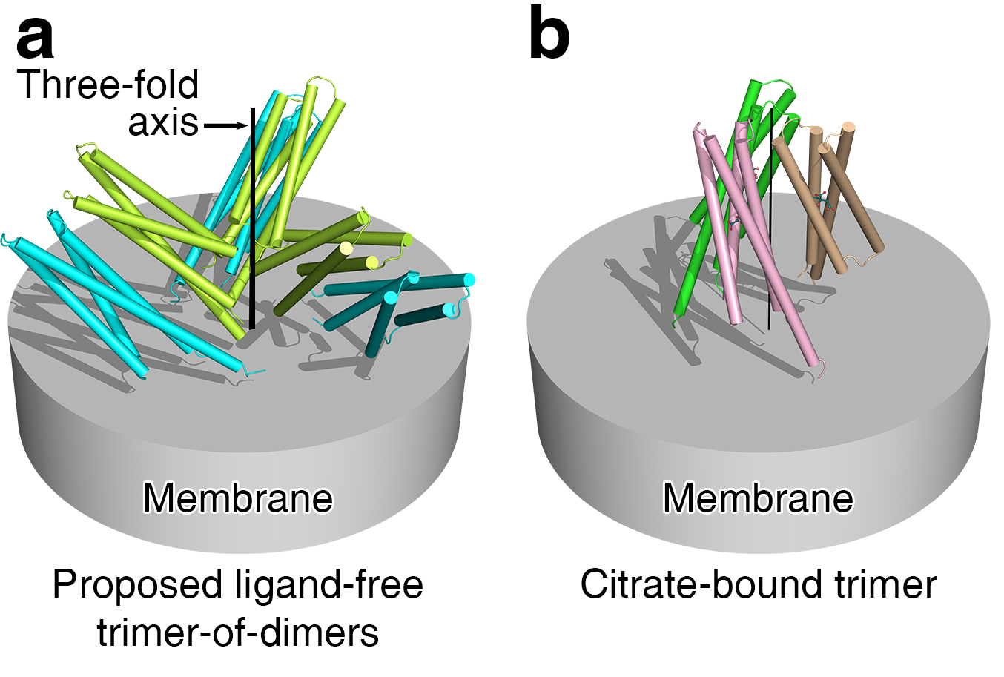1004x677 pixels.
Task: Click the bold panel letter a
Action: [35, 39]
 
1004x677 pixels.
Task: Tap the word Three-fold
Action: [108, 85]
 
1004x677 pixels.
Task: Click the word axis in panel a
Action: [163, 122]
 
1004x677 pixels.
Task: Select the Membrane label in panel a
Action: [238, 498]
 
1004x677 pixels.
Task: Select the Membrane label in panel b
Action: [758, 498]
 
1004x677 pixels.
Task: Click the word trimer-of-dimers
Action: [238, 633]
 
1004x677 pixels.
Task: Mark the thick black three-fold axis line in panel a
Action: [253, 222]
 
